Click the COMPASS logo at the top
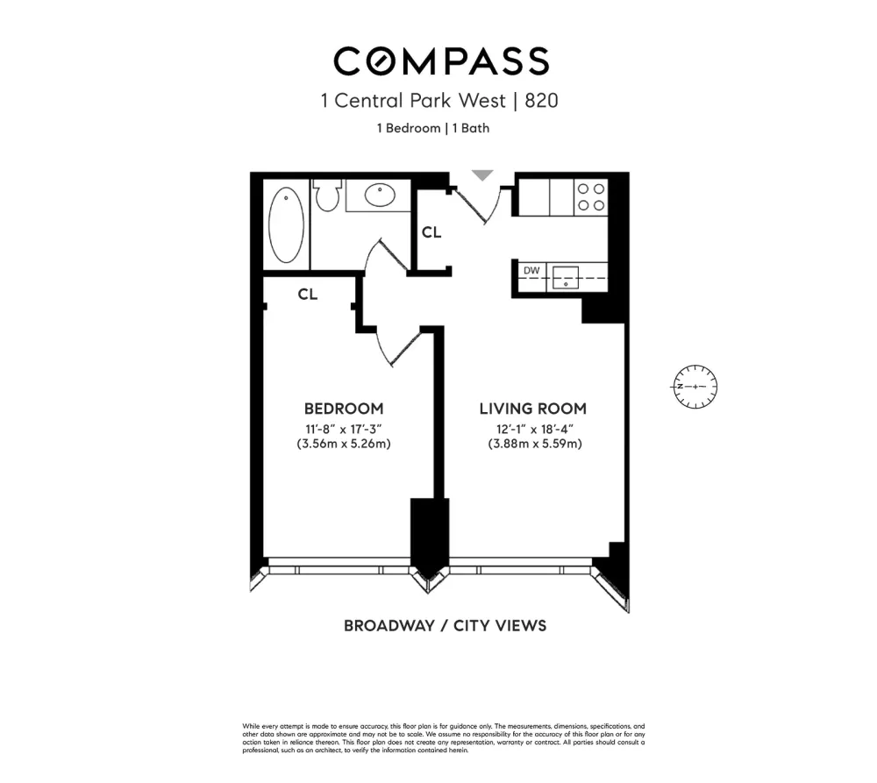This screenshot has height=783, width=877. (x=441, y=61)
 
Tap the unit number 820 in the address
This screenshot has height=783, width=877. (x=541, y=101)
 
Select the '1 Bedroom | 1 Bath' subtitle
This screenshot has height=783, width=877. (x=433, y=128)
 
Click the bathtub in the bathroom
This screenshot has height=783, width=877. (x=287, y=225)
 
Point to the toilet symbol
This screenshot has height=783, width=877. (x=326, y=195)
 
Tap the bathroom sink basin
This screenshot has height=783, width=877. (x=380, y=196)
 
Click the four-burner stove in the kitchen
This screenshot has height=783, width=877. (x=590, y=197)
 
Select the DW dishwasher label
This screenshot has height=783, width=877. (x=531, y=271)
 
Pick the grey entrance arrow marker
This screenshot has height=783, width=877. (x=482, y=174)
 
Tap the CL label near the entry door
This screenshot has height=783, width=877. (x=431, y=231)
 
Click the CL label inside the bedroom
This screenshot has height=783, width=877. (x=308, y=295)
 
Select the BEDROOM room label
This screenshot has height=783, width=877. (x=344, y=409)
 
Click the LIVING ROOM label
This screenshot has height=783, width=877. (x=533, y=409)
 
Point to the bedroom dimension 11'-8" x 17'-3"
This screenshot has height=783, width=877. (x=344, y=430)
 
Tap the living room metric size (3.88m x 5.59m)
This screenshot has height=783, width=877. (x=535, y=444)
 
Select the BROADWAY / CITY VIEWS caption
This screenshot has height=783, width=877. (x=446, y=625)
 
